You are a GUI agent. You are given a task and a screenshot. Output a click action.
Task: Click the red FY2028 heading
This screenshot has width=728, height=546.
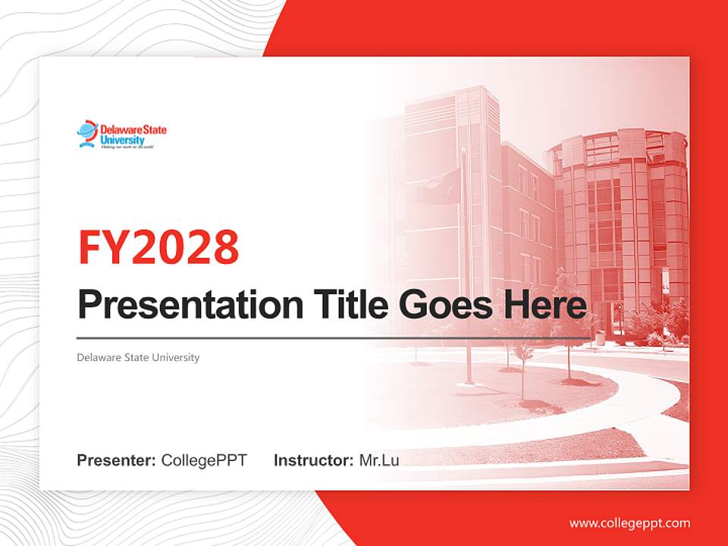[x=158, y=247]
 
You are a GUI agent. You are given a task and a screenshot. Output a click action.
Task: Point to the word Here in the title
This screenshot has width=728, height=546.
[x=545, y=306]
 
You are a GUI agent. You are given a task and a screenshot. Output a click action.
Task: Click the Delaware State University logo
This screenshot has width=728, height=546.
[x=121, y=135]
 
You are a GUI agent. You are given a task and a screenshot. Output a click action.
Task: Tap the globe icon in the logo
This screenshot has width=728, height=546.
[x=87, y=134]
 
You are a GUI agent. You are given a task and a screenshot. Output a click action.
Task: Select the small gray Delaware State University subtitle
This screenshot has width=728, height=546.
[x=138, y=357]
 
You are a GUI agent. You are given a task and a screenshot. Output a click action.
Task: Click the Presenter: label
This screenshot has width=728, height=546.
[x=117, y=460]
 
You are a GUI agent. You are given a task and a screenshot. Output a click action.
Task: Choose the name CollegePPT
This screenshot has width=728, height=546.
[x=204, y=460]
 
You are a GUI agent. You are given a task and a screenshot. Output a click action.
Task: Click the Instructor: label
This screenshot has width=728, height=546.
[x=313, y=460]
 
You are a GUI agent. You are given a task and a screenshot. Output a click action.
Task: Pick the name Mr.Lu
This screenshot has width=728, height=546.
[x=379, y=460]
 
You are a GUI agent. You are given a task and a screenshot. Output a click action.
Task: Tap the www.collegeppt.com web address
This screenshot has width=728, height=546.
[x=629, y=523]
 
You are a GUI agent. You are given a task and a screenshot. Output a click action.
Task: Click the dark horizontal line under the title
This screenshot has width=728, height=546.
[x=334, y=337]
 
